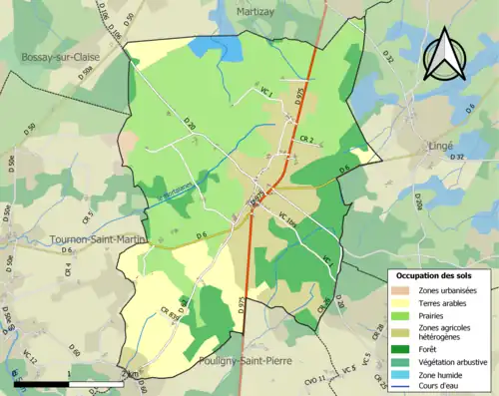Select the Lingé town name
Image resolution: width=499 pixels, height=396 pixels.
(437, 145)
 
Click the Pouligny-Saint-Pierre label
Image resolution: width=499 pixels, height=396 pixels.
(245, 362)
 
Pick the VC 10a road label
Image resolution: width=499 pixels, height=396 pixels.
(287, 220)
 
